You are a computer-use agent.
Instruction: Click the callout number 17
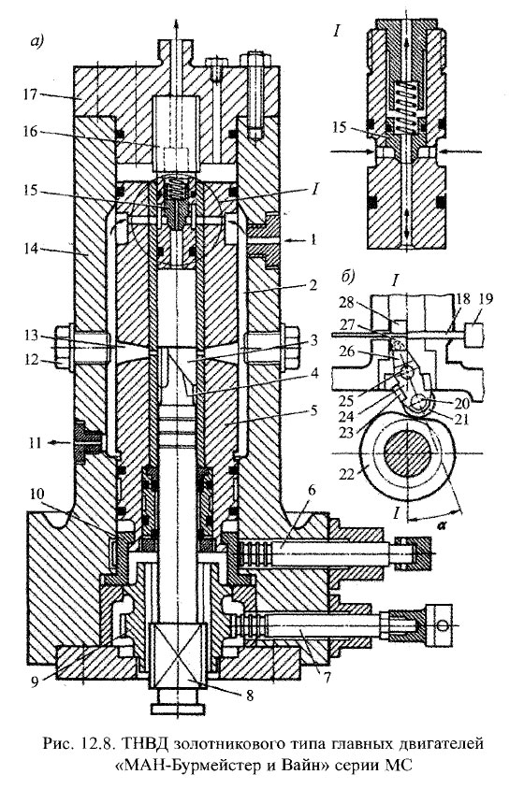click(31, 94)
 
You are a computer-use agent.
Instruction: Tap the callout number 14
click(31, 248)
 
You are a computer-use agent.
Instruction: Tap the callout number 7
click(326, 677)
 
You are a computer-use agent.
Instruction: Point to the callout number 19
click(487, 299)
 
